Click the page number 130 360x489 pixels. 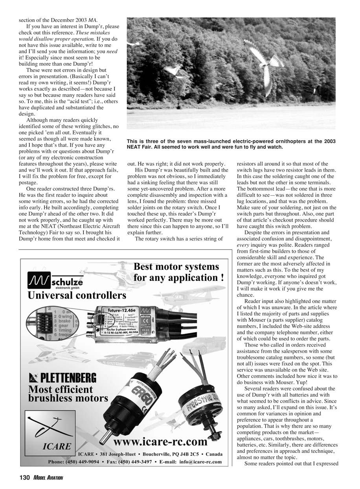click(x=24, y=478)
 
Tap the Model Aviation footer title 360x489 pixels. click(x=48, y=478)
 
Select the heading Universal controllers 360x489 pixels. click(x=77, y=295)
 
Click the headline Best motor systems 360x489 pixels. click(x=176, y=267)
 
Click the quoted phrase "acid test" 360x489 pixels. click(x=85, y=101)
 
